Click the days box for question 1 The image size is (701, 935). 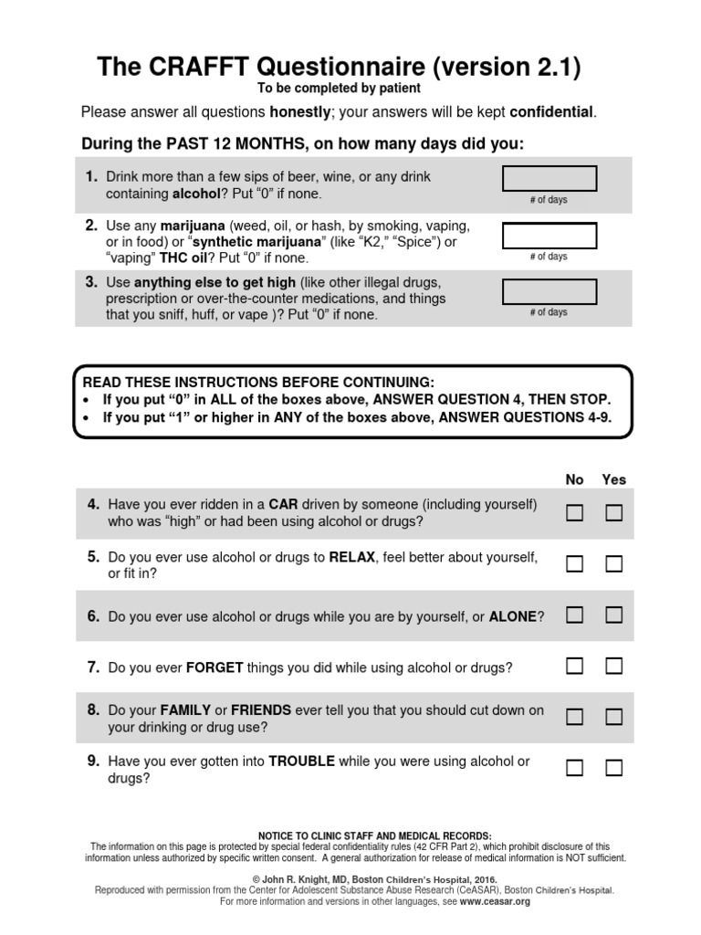tap(549, 178)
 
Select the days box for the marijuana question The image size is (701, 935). tap(549, 235)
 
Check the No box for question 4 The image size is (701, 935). tap(574, 513)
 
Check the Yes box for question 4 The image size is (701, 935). tap(613, 513)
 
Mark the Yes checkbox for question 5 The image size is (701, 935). tap(613, 564)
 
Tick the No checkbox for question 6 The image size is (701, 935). tap(574, 615)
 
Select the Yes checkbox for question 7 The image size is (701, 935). tap(613, 666)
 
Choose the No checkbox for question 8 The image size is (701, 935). tap(574, 717)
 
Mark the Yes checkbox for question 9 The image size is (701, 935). tap(613, 768)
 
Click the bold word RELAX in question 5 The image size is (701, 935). tap(352, 556)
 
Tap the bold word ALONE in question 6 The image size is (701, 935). tap(513, 617)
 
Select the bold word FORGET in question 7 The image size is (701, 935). tap(214, 667)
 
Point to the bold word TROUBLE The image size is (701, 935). tap(301, 761)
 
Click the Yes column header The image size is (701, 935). tap(613, 479)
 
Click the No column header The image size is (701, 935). tap(574, 479)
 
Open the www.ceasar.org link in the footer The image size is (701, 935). tap(496, 901)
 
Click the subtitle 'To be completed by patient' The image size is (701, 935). tap(339, 88)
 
